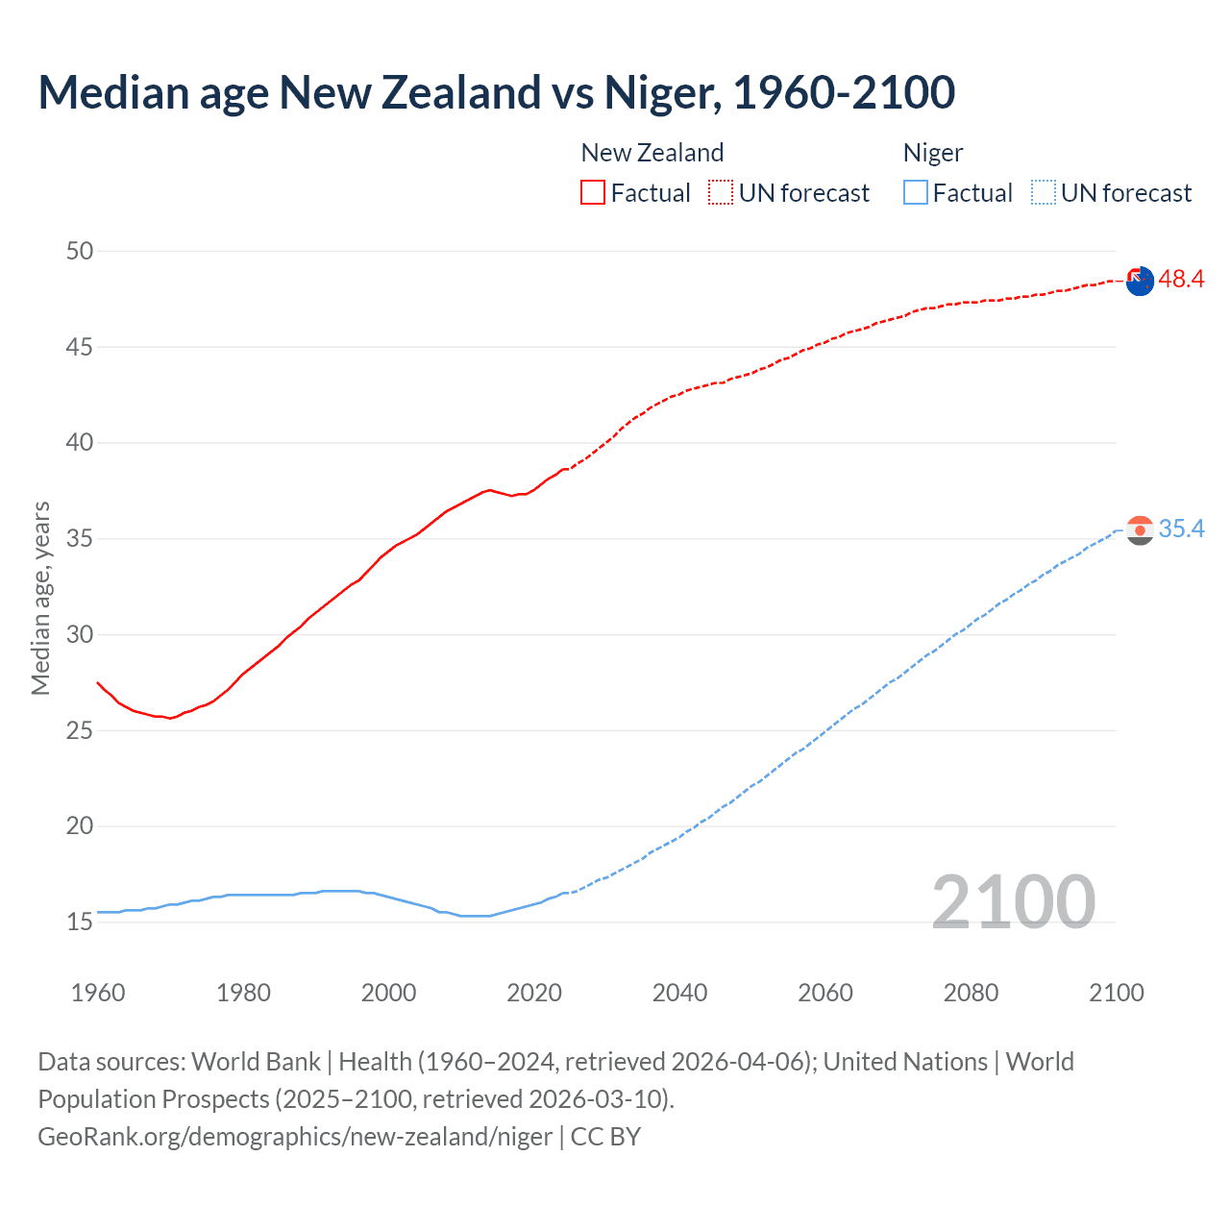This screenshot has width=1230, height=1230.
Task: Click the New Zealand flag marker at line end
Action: (1140, 282)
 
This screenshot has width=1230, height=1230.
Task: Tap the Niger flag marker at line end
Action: (1140, 530)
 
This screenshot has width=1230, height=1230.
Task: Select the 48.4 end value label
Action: (1181, 280)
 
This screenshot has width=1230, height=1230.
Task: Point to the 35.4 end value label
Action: (1181, 529)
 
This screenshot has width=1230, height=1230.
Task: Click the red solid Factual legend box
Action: (593, 193)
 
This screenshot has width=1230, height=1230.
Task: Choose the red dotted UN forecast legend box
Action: (721, 193)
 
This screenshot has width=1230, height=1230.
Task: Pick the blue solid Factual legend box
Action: (916, 193)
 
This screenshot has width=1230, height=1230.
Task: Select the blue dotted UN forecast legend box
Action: (1044, 193)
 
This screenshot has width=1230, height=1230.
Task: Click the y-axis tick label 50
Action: (80, 251)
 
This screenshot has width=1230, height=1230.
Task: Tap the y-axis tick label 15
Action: (80, 922)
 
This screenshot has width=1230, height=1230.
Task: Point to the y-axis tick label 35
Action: (80, 539)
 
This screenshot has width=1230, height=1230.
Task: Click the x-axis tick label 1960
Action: (98, 993)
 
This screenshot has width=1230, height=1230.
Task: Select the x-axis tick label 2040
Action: (679, 993)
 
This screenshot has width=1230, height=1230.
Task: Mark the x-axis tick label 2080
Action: (971, 993)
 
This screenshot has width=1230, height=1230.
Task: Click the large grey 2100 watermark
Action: (1013, 902)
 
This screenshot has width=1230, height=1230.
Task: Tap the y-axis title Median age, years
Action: (40, 598)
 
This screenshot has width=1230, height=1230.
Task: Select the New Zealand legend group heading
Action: (652, 153)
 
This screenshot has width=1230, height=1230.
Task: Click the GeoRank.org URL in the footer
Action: (295, 1137)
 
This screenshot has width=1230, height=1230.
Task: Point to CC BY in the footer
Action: (605, 1137)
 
